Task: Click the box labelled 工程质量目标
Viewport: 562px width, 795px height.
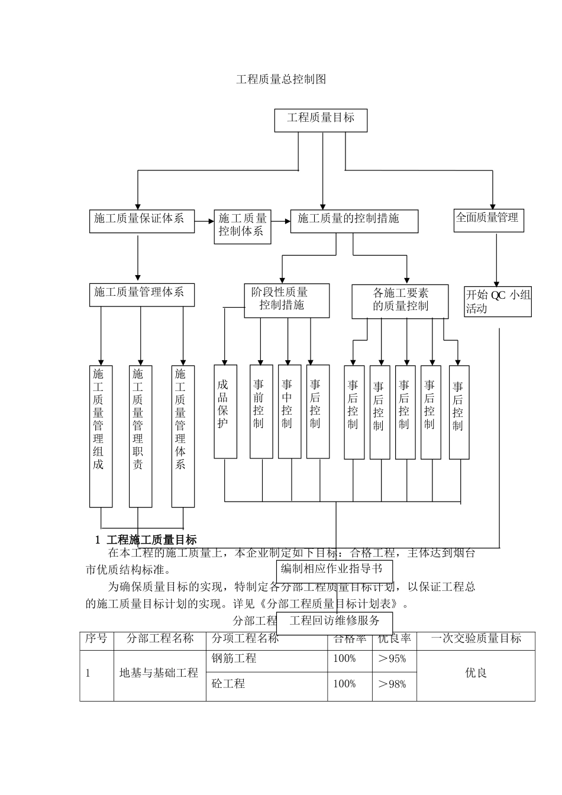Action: click(321, 120)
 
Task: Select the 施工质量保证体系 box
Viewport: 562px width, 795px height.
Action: click(141, 221)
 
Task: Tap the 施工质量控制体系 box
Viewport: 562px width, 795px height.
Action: click(243, 227)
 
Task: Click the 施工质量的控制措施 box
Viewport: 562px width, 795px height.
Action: click(354, 221)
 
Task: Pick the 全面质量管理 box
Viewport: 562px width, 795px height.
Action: click(489, 220)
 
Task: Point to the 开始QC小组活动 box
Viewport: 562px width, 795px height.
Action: click(498, 301)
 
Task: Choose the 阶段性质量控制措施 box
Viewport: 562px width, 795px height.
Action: click(287, 300)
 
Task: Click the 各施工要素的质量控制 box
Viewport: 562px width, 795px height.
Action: click(400, 301)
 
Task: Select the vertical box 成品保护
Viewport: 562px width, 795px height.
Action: click(225, 412)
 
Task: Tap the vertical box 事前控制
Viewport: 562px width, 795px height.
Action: click(261, 412)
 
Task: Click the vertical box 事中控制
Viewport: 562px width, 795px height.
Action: click(289, 412)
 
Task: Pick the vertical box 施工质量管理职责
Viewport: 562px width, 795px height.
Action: click(140, 436)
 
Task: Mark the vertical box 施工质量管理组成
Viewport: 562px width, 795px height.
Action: click(101, 436)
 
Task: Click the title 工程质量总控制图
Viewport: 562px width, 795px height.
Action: click(281, 79)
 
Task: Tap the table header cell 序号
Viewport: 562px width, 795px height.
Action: click(96, 640)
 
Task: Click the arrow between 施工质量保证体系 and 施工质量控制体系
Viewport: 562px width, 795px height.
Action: click(204, 221)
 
